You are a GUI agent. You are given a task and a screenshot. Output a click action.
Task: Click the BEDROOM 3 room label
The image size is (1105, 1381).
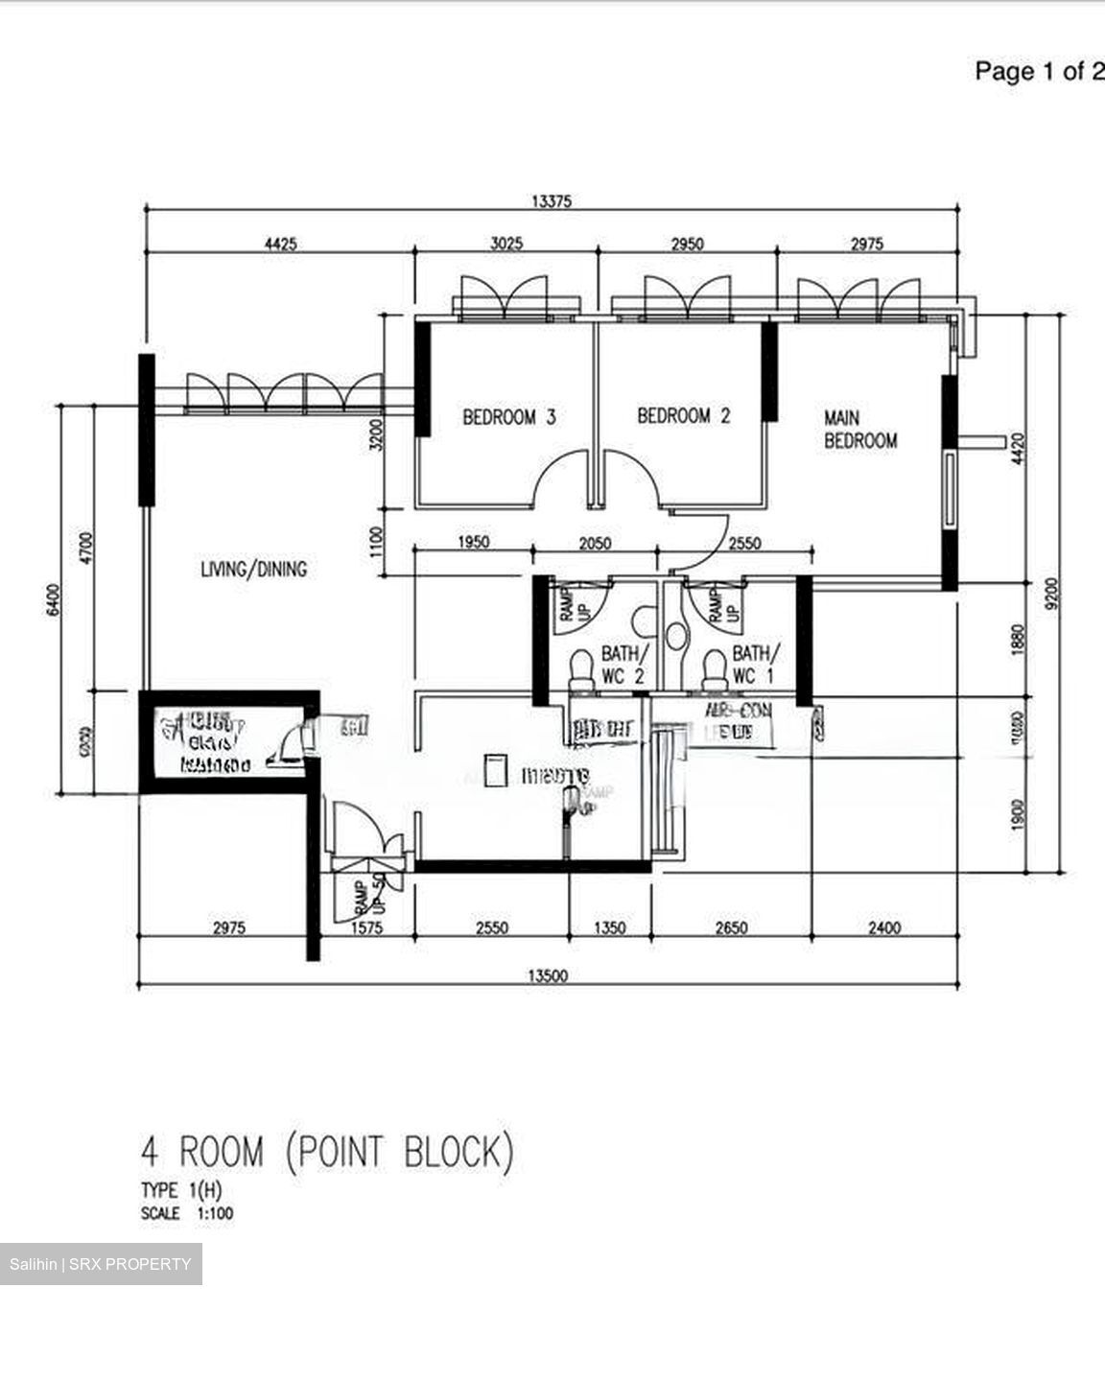508,417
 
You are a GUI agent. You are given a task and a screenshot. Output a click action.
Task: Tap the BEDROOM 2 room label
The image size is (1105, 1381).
683,416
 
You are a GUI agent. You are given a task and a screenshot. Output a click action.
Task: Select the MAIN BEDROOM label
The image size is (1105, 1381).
860,430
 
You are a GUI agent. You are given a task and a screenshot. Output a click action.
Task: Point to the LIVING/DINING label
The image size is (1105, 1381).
253,569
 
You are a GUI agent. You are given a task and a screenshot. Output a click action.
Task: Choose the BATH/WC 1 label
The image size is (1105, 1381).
756,665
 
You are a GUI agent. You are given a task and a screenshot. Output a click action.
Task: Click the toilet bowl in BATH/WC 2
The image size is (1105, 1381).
581,667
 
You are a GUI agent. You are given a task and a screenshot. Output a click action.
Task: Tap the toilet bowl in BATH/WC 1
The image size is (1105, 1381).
714,667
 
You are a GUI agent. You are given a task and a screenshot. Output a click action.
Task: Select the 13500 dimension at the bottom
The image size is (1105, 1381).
548,976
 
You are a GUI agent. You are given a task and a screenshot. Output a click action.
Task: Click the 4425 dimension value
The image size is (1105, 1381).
280,244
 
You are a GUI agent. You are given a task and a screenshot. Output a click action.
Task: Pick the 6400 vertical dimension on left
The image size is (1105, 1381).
54,599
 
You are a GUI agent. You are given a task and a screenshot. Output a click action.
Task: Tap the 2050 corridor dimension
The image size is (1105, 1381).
595,543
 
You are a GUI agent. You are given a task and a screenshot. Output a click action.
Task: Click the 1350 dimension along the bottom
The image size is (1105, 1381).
610,927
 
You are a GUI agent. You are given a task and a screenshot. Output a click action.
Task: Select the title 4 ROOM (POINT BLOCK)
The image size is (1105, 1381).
326,1151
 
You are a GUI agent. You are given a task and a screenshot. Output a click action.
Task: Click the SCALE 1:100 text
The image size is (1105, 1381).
186,1213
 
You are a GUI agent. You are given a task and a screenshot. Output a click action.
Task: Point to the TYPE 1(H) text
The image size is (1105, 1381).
181,1190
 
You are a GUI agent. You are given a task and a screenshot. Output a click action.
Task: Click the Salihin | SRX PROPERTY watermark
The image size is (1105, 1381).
101,1264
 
